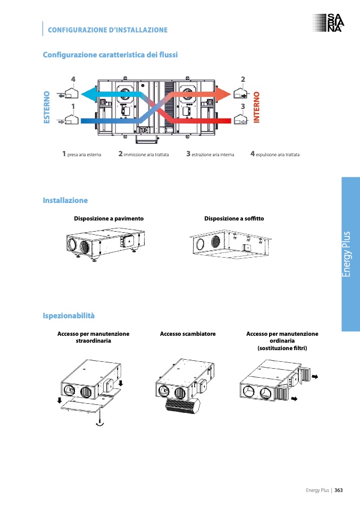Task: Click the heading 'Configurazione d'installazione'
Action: [x=107, y=30]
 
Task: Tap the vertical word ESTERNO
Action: [x=46, y=107]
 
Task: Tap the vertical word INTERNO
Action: [x=256, y=107]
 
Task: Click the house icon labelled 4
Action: [x=71, y=94]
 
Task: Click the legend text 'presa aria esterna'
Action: [x=84, y=155]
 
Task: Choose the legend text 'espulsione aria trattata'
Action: [x=278, y=155]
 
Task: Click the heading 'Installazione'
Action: [x=65, y=200]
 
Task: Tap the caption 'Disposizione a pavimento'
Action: [x=108, y=218]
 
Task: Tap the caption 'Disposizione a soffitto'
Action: [x=234, y=218]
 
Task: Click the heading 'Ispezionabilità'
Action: [x=69, y=316]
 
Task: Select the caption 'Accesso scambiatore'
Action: [x=188, y=334]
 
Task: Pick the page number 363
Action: [x=338, y=490]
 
